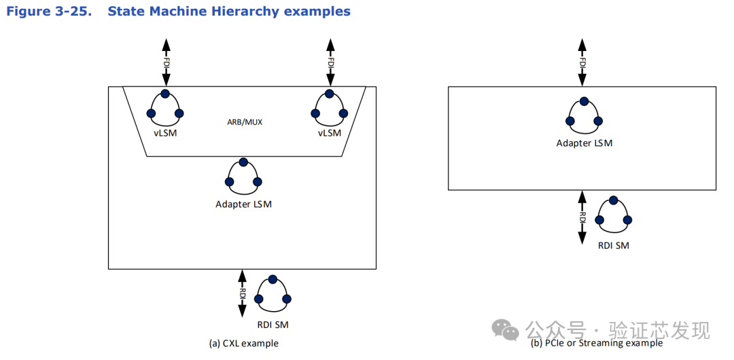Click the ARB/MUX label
click(245, 122)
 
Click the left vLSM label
click(165, 133)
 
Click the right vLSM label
click(330, 133)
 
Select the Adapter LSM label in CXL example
click(243, 204)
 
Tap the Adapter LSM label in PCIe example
click(584, 143)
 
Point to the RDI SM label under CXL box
click(273, 325)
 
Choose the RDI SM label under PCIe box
click(614, 245)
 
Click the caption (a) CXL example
click(243, 344)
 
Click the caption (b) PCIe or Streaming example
click(596, 343)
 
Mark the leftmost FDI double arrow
click(166, 62)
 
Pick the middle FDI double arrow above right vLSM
click(330, 62)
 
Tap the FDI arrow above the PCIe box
click(582, 62)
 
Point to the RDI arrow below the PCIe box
click(582, 217)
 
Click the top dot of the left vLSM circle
click(165, 94)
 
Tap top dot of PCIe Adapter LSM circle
click(584, 101)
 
